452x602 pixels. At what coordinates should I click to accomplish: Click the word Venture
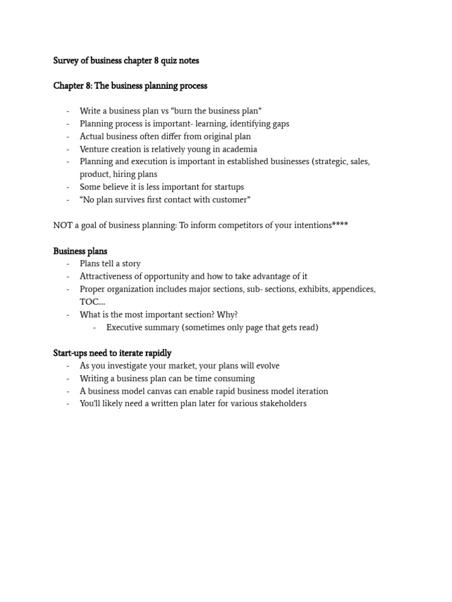[x=95, y=149]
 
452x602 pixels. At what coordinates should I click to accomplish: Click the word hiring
[x=126, y=175]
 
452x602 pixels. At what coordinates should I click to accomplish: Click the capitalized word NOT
[x=62, y=225]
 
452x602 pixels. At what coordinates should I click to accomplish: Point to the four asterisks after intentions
[x=340, y=225]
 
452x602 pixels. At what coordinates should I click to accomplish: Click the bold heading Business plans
[x=80, y=251]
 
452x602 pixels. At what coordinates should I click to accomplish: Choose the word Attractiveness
[x=108, y=276]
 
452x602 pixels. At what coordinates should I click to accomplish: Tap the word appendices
[x=352, y=289]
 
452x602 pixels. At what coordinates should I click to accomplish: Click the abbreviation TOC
[x=89, y=302]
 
